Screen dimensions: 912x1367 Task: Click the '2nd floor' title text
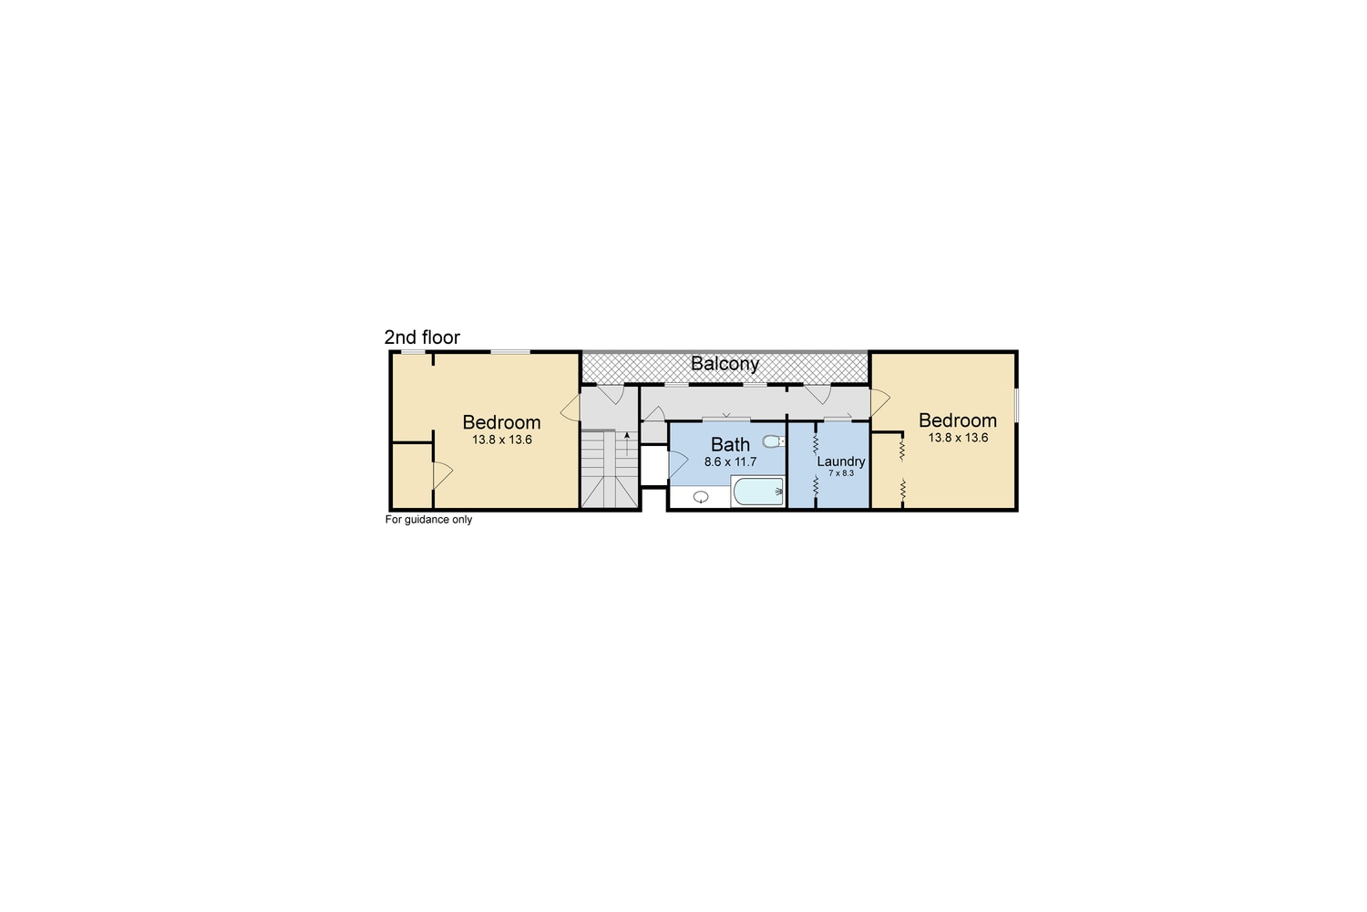pos(422,337)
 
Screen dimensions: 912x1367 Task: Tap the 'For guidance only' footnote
pos(428,520)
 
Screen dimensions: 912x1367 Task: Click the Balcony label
pos(725,364)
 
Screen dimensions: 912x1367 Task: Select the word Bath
pos(730,444)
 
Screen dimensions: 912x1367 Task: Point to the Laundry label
pos(840,461)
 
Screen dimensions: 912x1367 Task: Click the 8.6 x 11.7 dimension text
pos(730,462)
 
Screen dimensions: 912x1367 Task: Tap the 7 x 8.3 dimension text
pos(840,473)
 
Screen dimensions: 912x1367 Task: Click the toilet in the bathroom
pos(773,442)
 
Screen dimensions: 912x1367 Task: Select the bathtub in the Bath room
pos(757,492)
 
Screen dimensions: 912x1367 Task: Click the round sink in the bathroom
pos(701,497)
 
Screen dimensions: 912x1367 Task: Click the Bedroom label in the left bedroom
pos(501,422)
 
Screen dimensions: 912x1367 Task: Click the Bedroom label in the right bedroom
pos(957,420)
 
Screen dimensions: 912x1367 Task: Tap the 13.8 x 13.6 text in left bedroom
pos(501,440)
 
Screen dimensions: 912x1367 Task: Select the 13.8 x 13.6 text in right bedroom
pos(957,438)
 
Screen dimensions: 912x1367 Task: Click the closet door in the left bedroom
pos(442,474)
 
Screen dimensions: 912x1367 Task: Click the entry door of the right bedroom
pos(879,402)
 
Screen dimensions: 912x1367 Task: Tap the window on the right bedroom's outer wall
pos(1016,406)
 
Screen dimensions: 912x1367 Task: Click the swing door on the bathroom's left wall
pos(677,463)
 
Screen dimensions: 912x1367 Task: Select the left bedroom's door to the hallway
pos(570,408)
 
